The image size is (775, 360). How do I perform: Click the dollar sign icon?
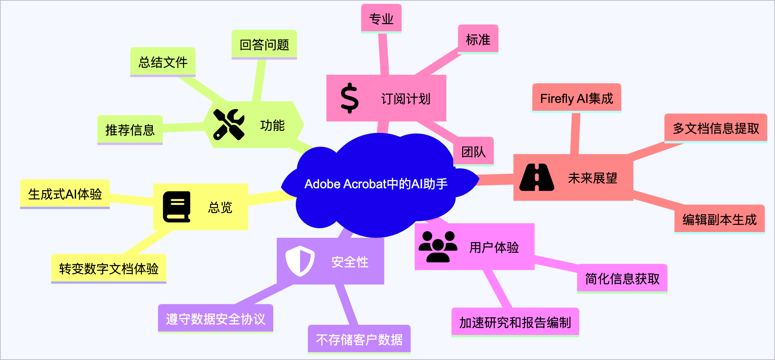pyautogui.click(x=349, y=98)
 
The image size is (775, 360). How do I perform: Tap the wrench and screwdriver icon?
pyautogui.click(x=229, y=125)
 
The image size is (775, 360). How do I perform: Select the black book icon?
pyautogui.click(x=177, y=207)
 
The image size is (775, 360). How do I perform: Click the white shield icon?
pyautogui.click(x=300, y=261)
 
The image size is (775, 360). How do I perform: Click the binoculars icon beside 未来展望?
pyautogui.click(x=537, y=177)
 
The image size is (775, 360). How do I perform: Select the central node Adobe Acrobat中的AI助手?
pyautogui.click(x=376, y=184)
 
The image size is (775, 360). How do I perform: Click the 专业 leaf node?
pyautogui.click(x=381, y=19)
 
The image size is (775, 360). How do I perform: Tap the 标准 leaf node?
pyautogui.click(x=478, y=40)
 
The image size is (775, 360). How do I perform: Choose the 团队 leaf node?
pyautogui.click(x=474, y=151)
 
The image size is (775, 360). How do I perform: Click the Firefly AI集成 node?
pyautogui.click(x=576, y=98)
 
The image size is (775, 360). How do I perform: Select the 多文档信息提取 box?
pyautogui.click(x=715, y=128)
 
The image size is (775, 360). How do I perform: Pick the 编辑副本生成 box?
pyautogui.click(x=719, y=219)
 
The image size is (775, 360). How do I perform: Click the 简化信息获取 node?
pyautogui.click(x=622, y=278)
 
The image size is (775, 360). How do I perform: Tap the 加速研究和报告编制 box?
pyautogui.click(x=515, y=322)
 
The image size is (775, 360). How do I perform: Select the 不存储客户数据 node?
pyautogui.click(x=359, y=339)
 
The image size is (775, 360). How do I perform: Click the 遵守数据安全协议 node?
pyautogui.click(x=215, y=319)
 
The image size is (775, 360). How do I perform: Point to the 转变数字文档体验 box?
pyautogui.click(x=109, y=268)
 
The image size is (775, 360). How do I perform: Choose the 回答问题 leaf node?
pyautogui.click(x=264, y=45)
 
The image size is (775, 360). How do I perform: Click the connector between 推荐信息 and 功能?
pyautogui.click(x=183, y=127)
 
